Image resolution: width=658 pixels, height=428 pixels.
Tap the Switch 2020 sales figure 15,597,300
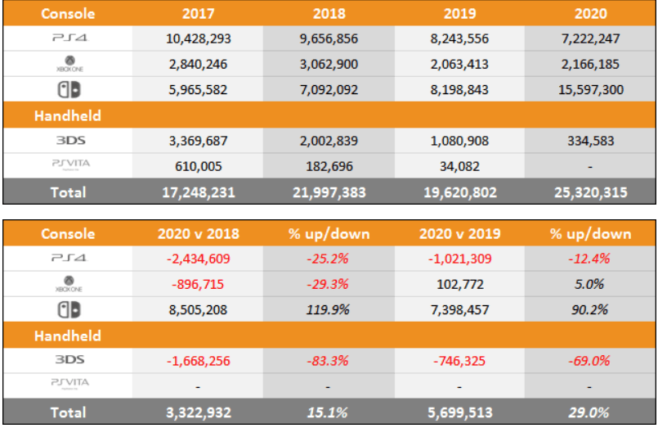tap(590, 90)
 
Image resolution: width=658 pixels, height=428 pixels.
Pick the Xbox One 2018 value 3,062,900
tap(329, 64)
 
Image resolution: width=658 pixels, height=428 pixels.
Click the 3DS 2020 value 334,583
tap(590, 141)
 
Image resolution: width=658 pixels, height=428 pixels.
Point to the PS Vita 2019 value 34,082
tap(459, 167)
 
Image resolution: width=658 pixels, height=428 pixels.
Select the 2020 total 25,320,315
tap(590, 192)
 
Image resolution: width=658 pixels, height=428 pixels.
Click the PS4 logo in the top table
tap(69, 38)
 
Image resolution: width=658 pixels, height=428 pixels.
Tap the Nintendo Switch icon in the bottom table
tap(69, 309)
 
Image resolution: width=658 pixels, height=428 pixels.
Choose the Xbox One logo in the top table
tap(69, 64)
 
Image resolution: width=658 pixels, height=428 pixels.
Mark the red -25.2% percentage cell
tap(329, 259)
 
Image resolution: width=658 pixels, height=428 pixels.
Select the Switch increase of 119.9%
tap(329, 309)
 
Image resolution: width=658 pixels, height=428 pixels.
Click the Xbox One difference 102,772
tap(459, 284)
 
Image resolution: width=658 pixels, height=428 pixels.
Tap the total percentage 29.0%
tap(590, 411)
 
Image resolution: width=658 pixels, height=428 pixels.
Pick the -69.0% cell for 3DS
tap(590, 359)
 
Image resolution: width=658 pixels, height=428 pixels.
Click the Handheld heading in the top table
tap(67, 116)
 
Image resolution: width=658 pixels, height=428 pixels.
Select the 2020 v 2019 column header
tap(459, 233)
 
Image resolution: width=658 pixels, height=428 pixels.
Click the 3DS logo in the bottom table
tap(69, 359)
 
